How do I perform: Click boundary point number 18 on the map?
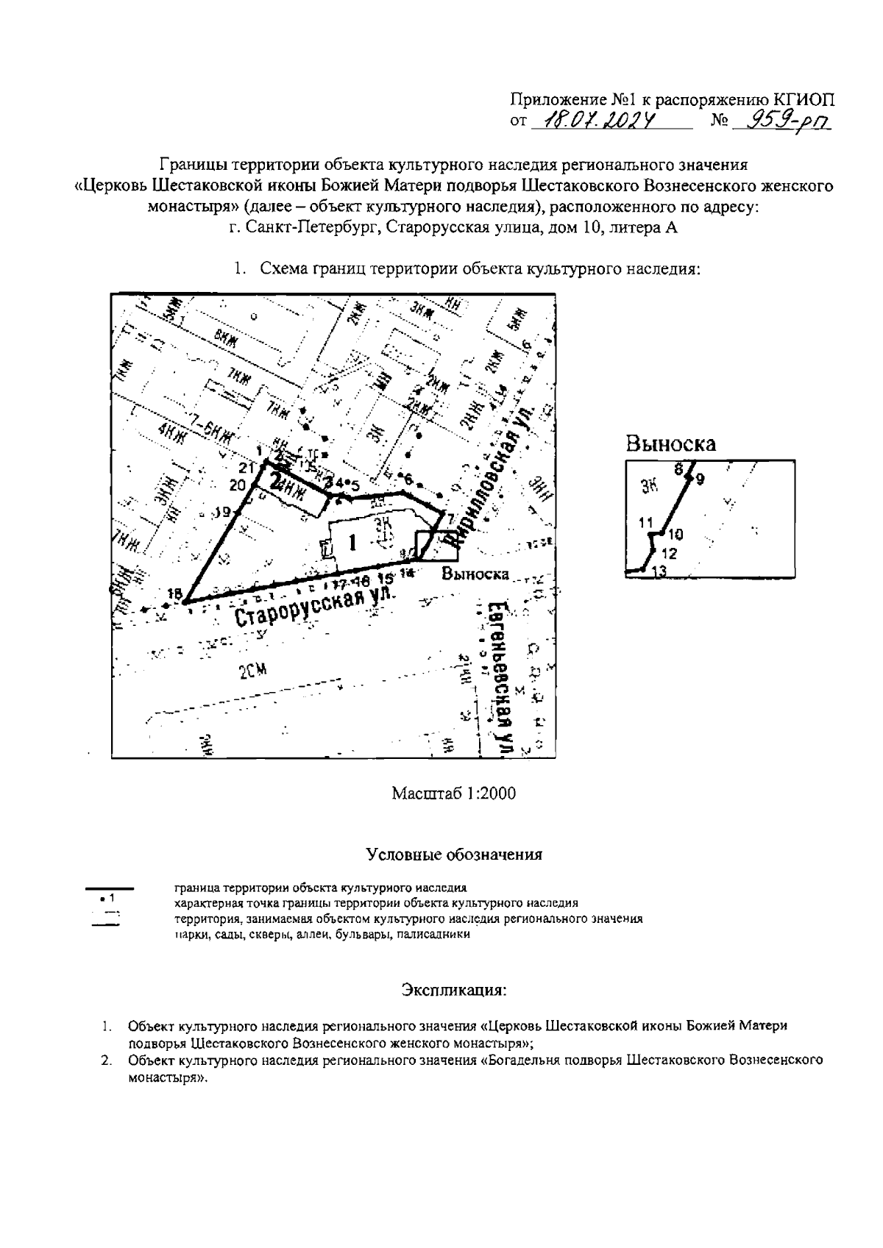click(x=175, y=594)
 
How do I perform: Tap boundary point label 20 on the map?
click(x=237, y=485)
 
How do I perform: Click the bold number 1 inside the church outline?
click(x=352, y=543)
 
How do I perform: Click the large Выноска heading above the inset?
click(x=670, y=443)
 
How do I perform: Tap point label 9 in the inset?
click(x=699, y=479)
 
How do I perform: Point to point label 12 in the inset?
click(x=669, y=554)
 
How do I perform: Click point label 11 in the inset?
click(x=646, y=524)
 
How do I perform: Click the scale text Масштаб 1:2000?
click(x=453, y=794)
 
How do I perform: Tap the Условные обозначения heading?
click(x=454, y=855)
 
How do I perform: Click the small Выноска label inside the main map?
click(x=475, y=574)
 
